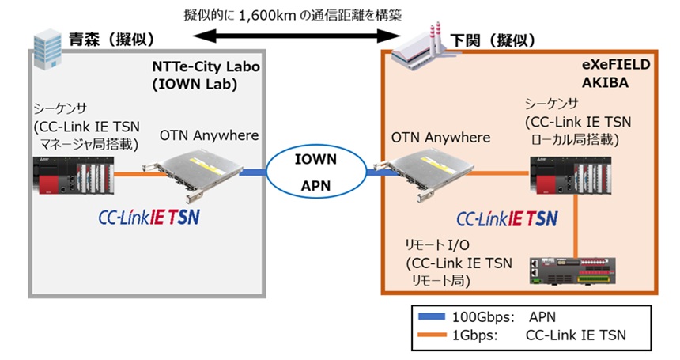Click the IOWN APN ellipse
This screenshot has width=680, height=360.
[x=315, y=172]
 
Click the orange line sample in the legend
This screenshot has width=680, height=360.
[x=433, y=335]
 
